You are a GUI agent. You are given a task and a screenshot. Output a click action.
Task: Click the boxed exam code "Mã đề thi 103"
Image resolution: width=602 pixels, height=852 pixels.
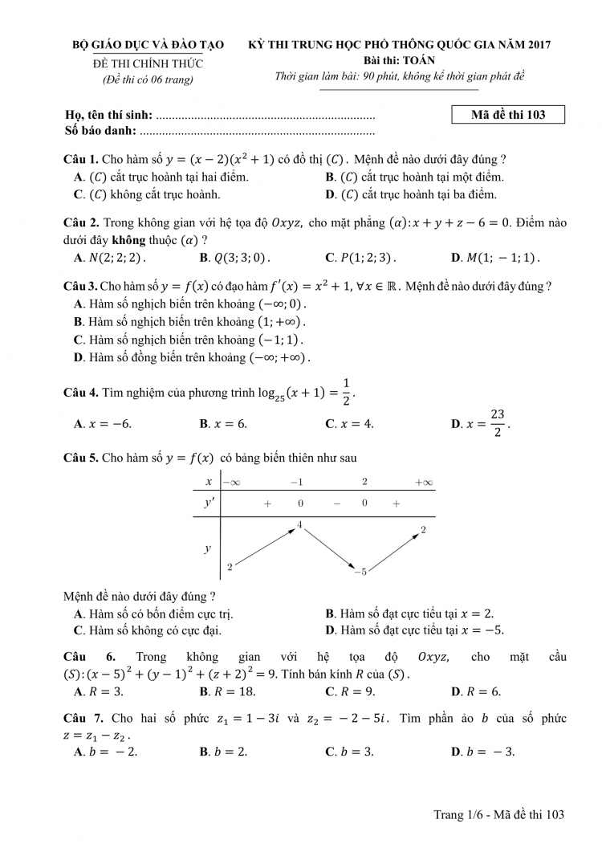click(x=508, y=115)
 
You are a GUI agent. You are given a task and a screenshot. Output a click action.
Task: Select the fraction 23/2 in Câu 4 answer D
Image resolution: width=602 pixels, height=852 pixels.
click(x=498, y=422)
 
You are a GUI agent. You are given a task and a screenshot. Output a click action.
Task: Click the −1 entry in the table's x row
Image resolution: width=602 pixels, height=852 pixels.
click(x=296, y=482)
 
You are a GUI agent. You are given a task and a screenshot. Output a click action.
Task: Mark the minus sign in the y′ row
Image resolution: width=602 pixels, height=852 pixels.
click(x=337, y=503)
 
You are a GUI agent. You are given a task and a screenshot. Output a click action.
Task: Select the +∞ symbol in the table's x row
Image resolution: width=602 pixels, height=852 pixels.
click(x=423, y=482)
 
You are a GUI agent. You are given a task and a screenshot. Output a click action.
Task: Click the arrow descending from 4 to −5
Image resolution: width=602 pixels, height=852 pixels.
click(x=329, y=548)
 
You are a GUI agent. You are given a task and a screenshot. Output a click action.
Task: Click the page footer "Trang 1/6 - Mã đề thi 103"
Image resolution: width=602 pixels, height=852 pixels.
click(x=499, y=814)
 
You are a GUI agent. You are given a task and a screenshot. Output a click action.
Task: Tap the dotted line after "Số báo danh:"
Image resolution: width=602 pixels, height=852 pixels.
click(x=257, y=130)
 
